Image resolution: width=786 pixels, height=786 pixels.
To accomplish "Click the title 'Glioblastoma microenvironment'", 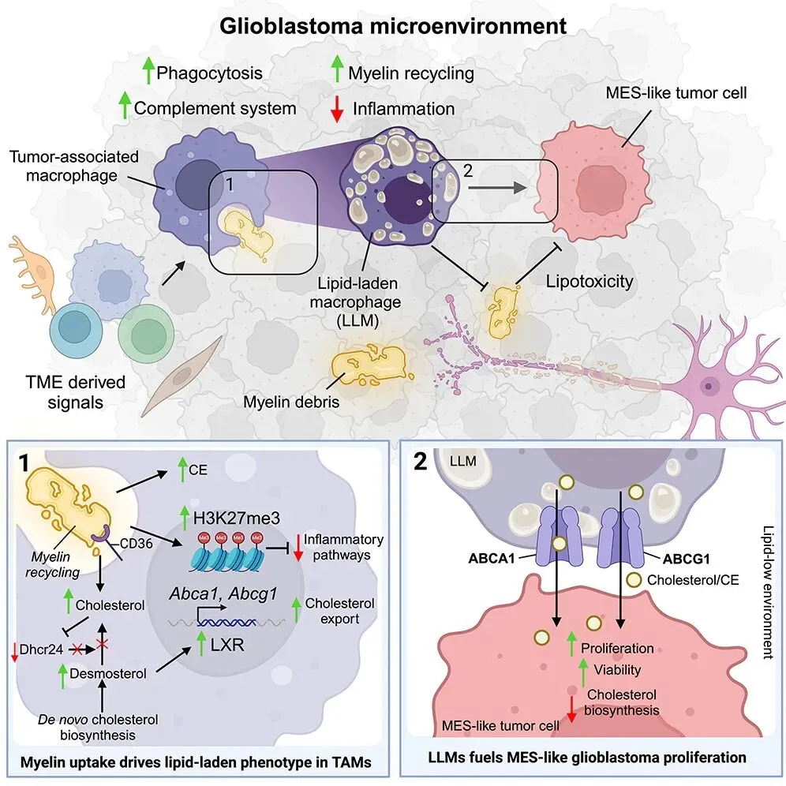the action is (x=393, y=26).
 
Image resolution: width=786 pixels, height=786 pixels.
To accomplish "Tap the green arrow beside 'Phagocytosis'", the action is (x=148, y=70).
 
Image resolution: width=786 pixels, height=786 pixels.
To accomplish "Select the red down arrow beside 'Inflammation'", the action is (x=337, y=108).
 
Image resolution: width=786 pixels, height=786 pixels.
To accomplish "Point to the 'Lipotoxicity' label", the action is (x=589, y=281).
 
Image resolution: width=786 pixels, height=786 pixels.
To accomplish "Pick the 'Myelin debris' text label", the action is (x=291, y=402).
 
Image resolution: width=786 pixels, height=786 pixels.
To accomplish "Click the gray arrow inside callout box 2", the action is (x=498, y=188).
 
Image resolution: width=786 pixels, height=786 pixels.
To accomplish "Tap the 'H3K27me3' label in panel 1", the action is (x=237, y=518).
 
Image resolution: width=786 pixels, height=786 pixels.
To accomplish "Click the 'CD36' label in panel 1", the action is (x=137, y=544).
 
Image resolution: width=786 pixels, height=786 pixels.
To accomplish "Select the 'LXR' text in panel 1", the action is (x=227, y=645).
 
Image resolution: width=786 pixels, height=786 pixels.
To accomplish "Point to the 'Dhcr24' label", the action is (x=41, y=649).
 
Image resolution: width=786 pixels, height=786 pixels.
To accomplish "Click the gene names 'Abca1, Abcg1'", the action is (x=223, y=594).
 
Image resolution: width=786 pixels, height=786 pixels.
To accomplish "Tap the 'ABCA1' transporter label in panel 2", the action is (x=491, y=558).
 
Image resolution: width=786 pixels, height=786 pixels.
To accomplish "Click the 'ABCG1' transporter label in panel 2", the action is (x=687, y=559).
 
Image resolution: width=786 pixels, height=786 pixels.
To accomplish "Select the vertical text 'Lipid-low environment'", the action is (x=769, y=592).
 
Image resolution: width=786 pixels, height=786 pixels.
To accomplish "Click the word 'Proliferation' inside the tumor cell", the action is (x=617, y=648).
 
